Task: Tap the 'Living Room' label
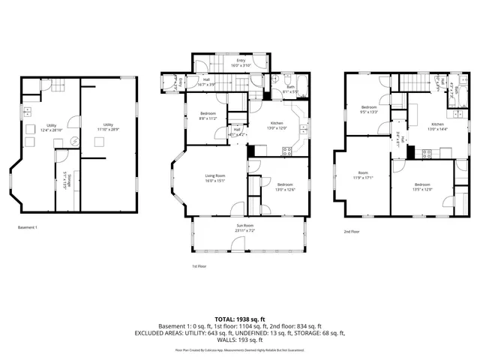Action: click(215, 176)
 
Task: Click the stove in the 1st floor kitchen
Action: click(286, 152)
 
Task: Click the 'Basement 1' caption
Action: click(27, 227)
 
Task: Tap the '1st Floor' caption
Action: click(199, 265)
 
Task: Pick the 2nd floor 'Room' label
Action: click(362, 174)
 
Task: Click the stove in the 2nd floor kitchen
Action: click(426, 154)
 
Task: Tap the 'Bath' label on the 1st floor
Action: click(290, 88)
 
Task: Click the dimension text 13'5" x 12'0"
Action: click(422, 188)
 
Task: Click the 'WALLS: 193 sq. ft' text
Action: click(239, 340)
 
